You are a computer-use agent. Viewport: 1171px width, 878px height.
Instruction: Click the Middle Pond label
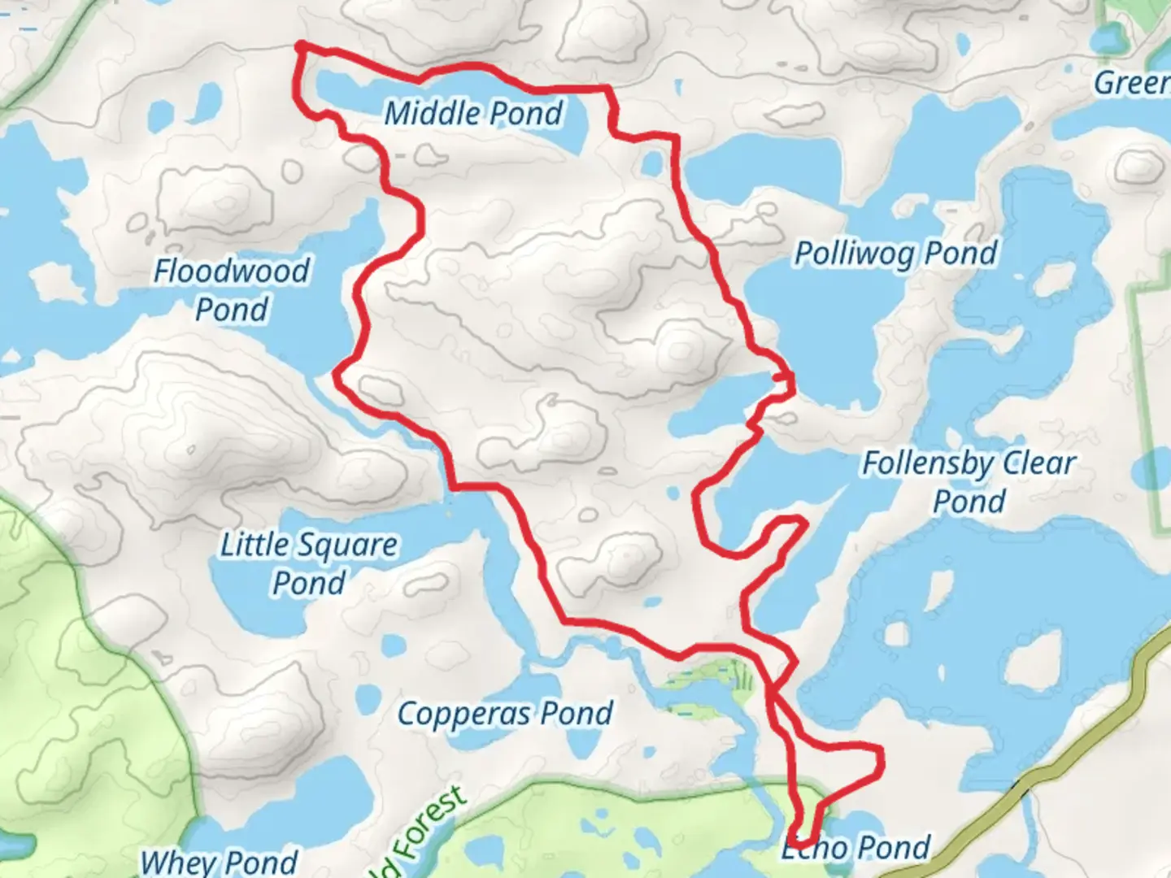473,113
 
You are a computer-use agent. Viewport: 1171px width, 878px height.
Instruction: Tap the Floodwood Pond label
232,289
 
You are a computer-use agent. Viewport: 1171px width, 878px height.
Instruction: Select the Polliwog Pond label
895,254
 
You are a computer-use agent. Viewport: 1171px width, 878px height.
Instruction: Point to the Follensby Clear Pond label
969,481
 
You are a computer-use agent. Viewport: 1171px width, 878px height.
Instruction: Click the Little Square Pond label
309,563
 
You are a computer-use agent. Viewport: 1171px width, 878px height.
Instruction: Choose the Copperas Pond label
505,714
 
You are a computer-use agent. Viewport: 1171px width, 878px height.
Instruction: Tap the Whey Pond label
220,861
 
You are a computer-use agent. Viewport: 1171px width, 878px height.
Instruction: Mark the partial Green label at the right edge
1131,82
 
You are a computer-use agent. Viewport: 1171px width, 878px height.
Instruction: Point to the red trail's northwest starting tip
301,46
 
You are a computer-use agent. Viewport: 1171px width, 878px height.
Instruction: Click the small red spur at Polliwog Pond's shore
784,377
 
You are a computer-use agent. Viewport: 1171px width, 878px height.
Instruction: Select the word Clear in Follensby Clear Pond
1038,463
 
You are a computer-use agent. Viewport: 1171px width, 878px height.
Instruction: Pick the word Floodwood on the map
232,271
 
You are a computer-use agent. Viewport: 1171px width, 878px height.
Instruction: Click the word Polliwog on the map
854,254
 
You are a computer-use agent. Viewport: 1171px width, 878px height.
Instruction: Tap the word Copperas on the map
464,714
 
